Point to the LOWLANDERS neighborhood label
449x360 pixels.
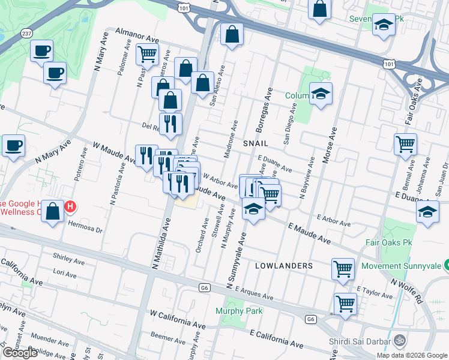(x=283, y=265)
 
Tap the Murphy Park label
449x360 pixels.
(x=239, y=311)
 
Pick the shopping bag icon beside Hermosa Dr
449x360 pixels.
(x=53, y=211)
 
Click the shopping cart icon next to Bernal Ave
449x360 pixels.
(x=405, y=144)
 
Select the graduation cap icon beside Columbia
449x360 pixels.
(x=321, y=93)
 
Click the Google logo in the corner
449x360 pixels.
(x=20, y=353)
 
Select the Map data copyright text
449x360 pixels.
(x=412, y=355)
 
